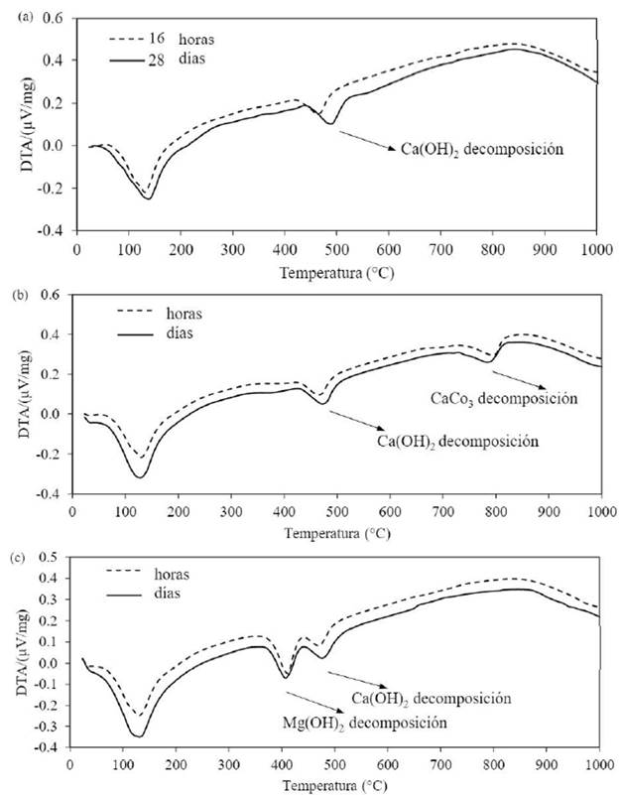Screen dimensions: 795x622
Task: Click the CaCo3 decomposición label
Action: (x=503, y=399)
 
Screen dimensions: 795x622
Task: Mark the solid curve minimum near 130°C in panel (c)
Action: (x=136, y=735)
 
